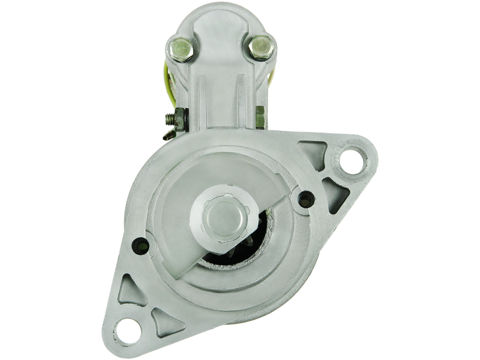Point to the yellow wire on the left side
170,84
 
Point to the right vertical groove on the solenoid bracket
239,96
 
